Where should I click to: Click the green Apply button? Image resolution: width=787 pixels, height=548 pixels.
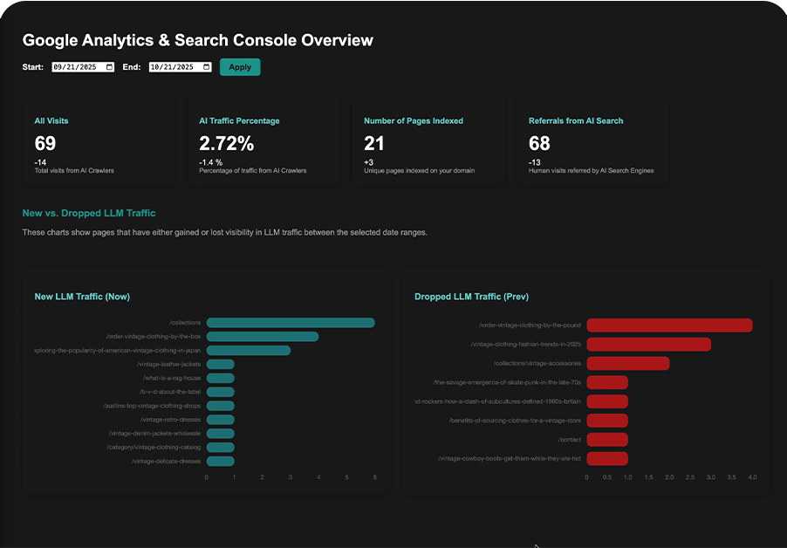240,67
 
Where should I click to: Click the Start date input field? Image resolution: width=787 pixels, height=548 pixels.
83,67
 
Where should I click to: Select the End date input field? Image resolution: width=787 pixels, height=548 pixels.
181,67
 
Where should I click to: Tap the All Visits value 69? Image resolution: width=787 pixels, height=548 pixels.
45,143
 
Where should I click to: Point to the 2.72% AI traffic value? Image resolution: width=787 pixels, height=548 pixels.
226,143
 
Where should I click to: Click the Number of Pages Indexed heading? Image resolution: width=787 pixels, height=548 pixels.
414,120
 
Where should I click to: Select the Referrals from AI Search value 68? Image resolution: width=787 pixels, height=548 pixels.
539,143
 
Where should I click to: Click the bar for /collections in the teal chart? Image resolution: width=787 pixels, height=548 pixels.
291,323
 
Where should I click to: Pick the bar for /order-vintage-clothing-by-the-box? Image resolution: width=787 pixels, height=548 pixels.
263,337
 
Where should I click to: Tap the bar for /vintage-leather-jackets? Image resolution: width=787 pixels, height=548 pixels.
221,364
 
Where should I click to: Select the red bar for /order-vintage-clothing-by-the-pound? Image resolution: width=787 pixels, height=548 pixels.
669,325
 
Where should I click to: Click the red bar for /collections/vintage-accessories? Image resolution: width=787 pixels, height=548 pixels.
628,363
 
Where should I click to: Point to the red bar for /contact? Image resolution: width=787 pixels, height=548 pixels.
607,439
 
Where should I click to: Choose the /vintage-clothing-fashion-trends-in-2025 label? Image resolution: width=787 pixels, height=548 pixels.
525,345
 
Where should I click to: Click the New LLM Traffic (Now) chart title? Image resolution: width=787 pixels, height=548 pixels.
82,297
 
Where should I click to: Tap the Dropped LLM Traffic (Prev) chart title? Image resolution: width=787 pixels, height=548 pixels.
471,297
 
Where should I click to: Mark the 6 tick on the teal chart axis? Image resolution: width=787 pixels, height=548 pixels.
374,477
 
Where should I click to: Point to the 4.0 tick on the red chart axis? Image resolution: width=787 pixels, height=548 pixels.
752,477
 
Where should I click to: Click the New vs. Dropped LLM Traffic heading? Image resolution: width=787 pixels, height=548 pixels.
89,213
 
